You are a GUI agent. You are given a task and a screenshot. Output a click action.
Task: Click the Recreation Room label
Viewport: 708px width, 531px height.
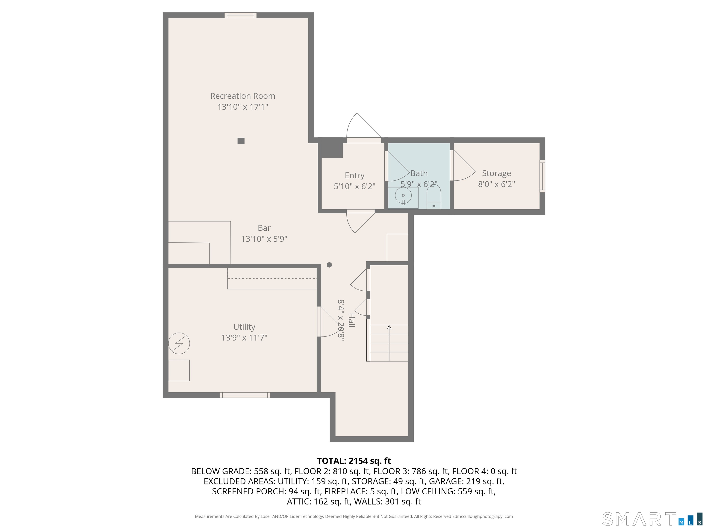pyautogui.click(x=243, y=96)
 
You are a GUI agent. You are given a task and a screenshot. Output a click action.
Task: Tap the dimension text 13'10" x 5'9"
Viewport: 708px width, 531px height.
pyautogui.click(x=264, y=239)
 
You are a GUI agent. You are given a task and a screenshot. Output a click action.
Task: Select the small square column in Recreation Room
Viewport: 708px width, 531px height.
pyautogui.click(x=241, y=141)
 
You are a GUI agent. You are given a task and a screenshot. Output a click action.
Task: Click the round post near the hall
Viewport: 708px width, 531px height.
pyautogui.click(x=329, y=265)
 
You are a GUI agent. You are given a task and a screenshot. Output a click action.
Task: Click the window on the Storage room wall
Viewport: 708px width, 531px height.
pyautogui.click(x=542, y=176)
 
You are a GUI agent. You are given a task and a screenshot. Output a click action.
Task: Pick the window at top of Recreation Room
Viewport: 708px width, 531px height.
pyautogui.click(x=240, y=15)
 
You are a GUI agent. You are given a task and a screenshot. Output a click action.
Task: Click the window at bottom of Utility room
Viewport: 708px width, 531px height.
pyautogui.click(x=245, y=395)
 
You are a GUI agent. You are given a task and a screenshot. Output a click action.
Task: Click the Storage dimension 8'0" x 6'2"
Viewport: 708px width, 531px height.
pyautogui.click(x=496, y=184)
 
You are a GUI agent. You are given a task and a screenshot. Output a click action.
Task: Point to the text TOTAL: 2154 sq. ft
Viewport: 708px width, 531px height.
pyautogui.click(x=354, y=461)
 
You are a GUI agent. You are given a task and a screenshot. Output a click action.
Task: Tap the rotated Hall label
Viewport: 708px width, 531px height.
pyautogui.click(x=351, y=320)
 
